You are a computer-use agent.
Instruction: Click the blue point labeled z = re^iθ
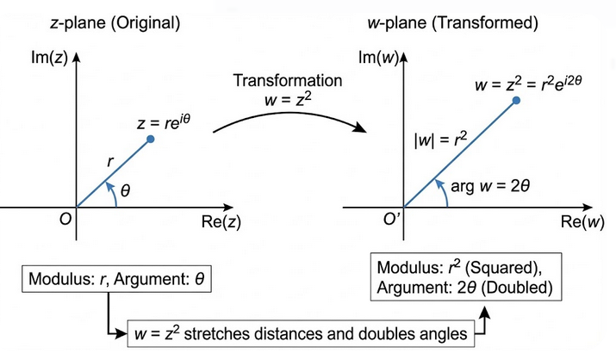(x=151, y=139)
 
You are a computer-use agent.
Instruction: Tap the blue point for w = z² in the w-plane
(x=516, y=101)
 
